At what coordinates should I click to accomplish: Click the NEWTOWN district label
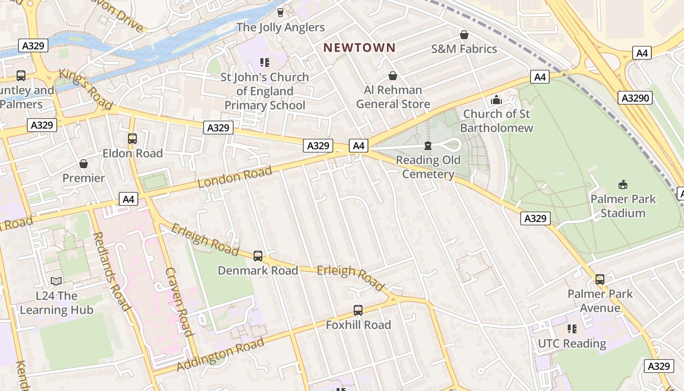359,47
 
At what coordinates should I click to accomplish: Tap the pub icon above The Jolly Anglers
280,12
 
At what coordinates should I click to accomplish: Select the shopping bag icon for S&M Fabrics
464,35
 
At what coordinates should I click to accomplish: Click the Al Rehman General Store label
393,97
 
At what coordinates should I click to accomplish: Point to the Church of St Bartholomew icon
496,100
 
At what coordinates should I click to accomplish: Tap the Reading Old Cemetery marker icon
428,146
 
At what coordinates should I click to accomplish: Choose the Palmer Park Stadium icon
623,185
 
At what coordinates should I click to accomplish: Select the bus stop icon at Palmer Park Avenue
599,280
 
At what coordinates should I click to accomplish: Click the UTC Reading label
572,344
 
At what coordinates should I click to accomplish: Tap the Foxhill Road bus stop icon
358,310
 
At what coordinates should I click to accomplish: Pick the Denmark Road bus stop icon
257,256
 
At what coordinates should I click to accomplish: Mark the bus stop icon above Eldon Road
132,139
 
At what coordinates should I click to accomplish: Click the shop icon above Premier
84,164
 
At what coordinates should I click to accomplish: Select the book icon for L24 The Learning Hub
56,281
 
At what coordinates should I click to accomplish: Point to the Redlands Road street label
111,271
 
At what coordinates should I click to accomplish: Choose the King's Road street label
85,89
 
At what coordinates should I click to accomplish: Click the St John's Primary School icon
264,63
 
